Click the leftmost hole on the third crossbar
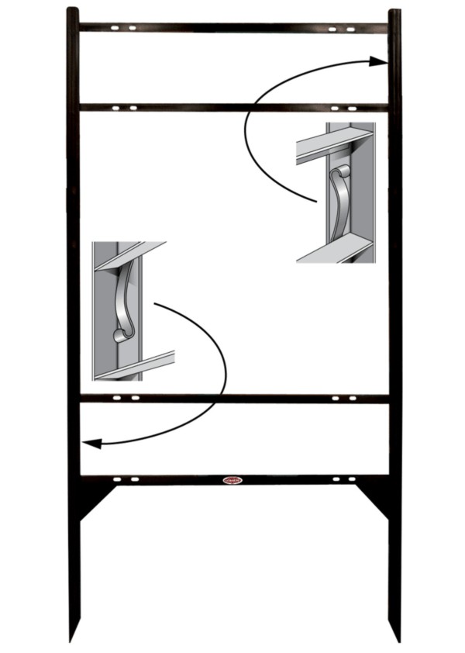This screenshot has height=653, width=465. (115, 399)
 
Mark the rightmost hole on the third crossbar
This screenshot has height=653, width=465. (352, 399)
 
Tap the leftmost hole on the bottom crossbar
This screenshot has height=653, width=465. (115, 480)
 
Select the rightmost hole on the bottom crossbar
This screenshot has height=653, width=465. (353, 480)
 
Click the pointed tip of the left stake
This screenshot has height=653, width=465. (71, 640)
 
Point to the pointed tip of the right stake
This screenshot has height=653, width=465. (398, 641)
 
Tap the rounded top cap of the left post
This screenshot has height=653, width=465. (72, 11)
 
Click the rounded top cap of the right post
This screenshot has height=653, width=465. (394, 12)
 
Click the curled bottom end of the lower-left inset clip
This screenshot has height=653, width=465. (120, 336)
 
